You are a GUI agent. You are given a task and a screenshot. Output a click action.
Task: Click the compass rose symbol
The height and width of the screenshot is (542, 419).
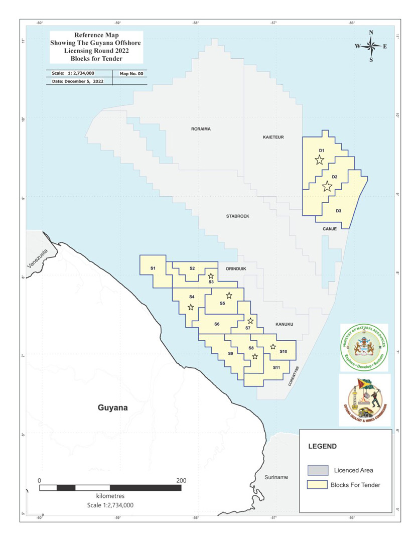[x=371, y=47]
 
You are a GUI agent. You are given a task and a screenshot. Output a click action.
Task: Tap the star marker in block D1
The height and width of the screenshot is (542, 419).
[x=319, y=160]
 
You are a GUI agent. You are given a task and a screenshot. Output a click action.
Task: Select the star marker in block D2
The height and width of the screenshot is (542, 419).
[x=327, y=186]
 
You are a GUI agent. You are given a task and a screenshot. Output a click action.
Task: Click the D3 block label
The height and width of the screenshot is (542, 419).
[x=339, y=210]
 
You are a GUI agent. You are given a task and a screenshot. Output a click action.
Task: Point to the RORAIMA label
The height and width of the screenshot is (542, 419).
[x=201, y=129]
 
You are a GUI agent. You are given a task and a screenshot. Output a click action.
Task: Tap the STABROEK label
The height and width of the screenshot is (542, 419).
[x=238, y=216]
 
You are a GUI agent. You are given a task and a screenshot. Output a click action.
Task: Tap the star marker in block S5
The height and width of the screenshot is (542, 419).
[x=229, y=295]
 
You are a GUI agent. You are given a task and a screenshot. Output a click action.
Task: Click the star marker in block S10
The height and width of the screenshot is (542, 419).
[x=273, y=346]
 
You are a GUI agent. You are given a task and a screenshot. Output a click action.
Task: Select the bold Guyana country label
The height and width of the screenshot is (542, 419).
[x=113, y=408]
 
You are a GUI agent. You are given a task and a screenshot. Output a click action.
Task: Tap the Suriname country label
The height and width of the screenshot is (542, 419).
[x=277, y=477]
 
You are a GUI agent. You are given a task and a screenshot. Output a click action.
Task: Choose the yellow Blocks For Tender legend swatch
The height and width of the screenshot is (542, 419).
[x=317, y=485]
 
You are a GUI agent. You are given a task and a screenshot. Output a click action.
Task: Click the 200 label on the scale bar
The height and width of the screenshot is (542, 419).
[x=181, y=480]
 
